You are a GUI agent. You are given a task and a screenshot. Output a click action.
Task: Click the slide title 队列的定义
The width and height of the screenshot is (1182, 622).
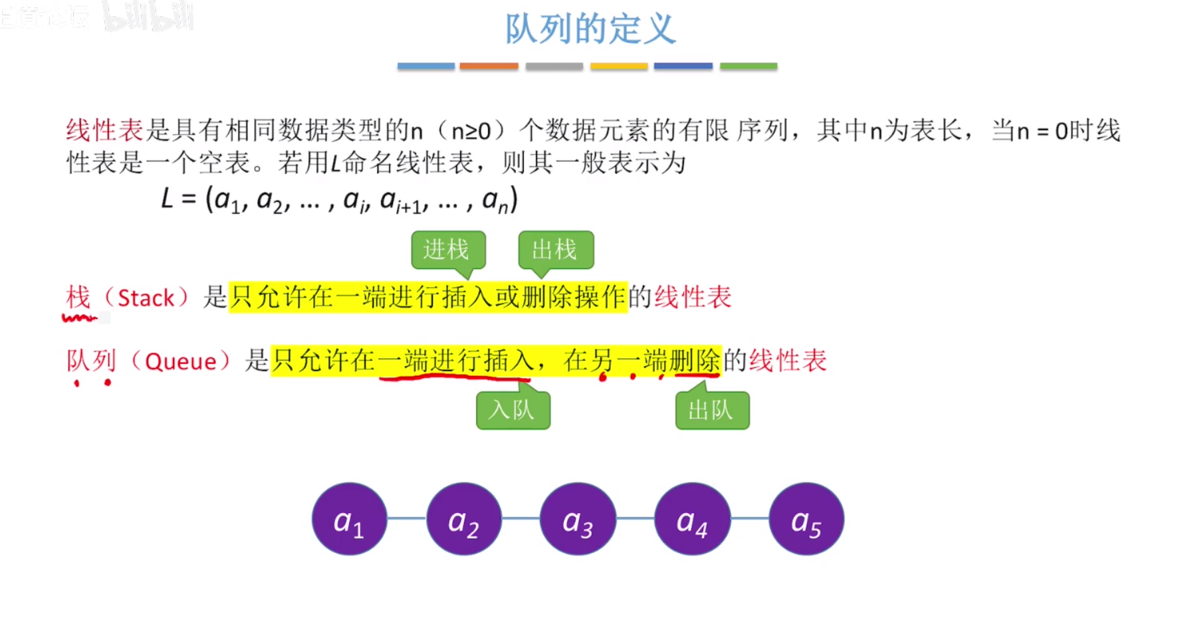[590, 29]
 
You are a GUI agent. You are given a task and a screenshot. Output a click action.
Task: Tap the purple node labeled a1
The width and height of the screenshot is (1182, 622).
[349, 519]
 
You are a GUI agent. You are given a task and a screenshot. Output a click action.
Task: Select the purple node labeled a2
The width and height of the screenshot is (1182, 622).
[463, 519]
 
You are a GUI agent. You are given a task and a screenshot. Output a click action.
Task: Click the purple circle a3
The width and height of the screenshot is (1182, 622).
[578, 519]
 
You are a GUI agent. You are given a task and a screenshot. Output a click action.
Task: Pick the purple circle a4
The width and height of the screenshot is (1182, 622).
[692, 519]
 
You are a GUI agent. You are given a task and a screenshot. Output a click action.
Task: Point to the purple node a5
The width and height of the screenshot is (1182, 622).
[806, 519]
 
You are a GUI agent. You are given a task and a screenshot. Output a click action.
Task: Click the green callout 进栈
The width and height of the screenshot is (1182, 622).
[447, 250]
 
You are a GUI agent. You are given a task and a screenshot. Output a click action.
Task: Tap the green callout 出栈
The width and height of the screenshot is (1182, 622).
[555, 250]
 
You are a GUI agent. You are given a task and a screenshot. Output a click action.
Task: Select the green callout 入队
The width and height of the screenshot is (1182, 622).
[513, 410]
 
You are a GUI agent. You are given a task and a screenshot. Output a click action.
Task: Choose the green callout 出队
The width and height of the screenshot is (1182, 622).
[712, 410]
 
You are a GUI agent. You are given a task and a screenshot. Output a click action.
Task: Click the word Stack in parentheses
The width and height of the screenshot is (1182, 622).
[146, 298]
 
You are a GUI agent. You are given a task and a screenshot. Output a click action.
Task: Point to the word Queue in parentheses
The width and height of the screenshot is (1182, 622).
[181, 362]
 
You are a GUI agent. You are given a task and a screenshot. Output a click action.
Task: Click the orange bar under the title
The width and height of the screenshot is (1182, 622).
[489, 66]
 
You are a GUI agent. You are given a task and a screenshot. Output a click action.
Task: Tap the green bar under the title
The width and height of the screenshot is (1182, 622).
[748, 66]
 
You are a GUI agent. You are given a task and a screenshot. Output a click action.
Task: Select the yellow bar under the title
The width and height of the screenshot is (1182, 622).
[618, 66]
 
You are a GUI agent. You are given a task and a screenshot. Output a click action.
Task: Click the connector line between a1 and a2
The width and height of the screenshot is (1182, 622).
[406, 518]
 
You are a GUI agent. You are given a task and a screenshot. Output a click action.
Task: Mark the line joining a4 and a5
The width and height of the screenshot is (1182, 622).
[749, 518]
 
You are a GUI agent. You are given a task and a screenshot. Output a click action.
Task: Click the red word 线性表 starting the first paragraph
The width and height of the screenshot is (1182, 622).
[104, 130]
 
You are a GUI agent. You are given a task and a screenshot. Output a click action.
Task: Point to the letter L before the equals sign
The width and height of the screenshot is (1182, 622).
[168, 199]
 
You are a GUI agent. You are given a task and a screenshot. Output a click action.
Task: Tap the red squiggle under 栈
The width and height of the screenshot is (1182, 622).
[79, 318]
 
